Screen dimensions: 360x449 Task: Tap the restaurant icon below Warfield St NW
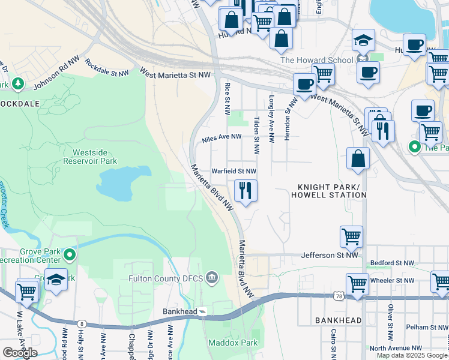point(245,191)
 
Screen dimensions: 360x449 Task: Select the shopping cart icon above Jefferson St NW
point(351,236)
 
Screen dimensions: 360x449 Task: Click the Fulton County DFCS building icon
point(211,278)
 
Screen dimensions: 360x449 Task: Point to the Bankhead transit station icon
point(203,311)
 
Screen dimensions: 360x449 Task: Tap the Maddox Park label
point(232,343)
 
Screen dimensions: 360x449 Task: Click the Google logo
point(19,352)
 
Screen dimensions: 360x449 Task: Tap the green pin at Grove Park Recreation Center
point(70,256)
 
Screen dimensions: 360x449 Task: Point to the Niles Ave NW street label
point(221,137)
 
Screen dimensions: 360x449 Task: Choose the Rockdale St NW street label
point(107,67)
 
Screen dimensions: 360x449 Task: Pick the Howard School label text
point(316,60)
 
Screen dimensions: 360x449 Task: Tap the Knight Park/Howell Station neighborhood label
point(328,191)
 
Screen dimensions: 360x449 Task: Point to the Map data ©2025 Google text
point(412,355)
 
